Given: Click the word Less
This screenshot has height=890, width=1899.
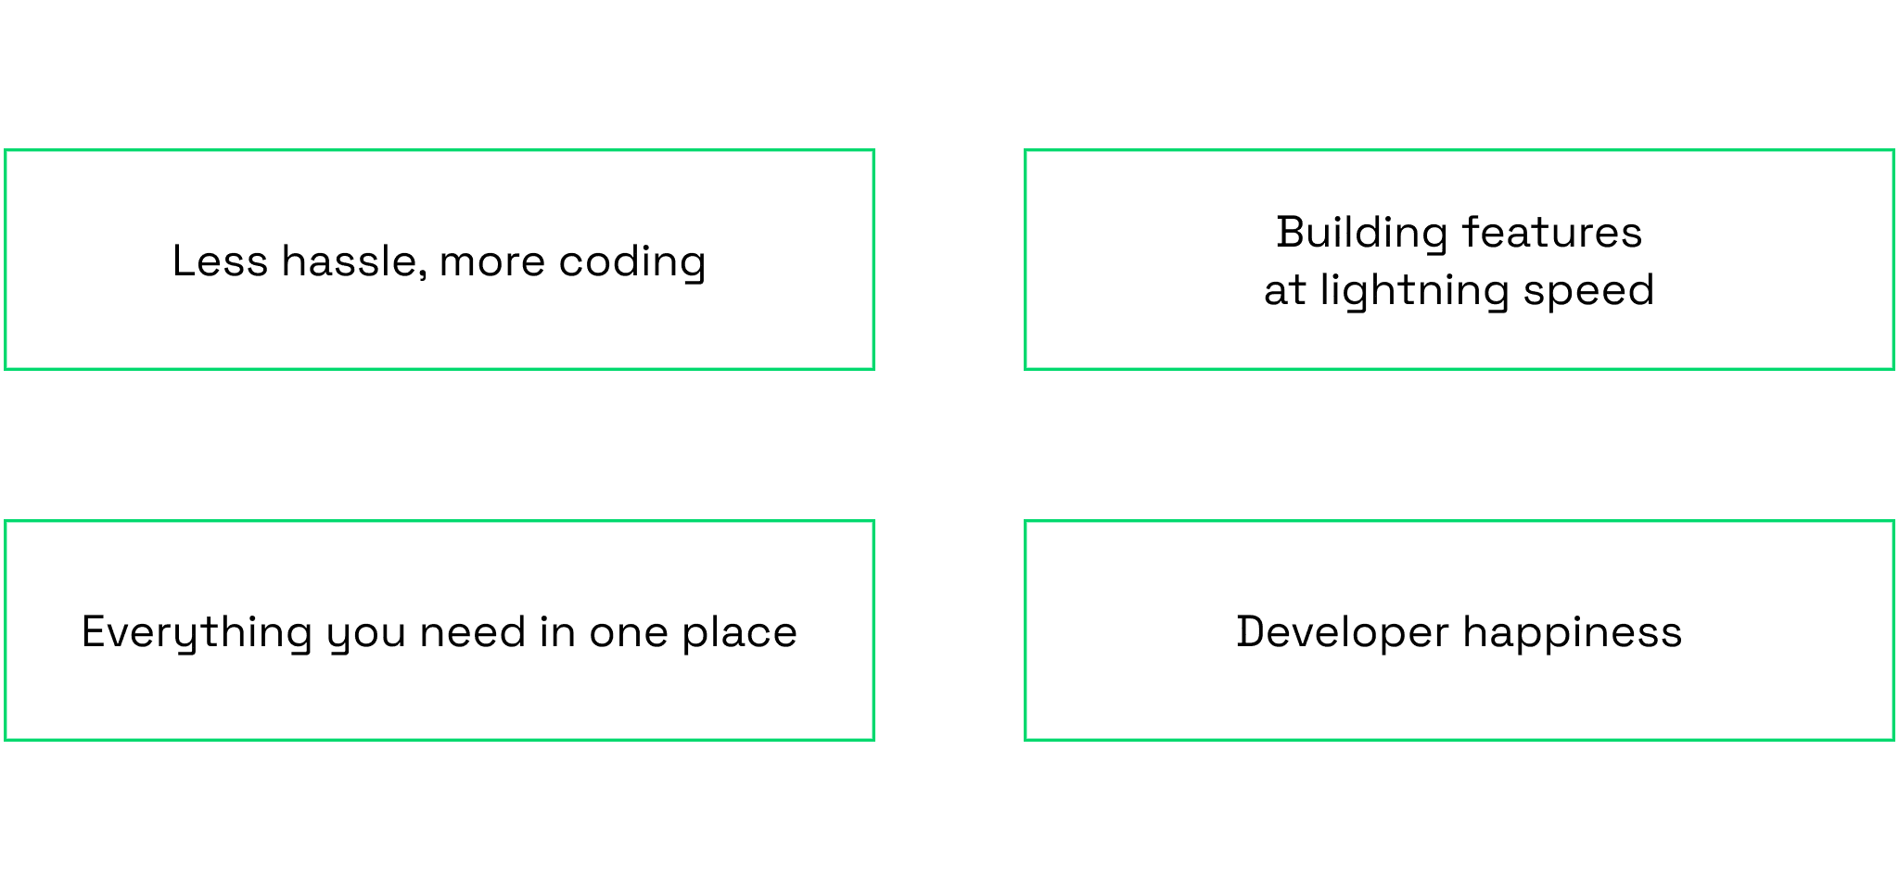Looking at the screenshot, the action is pos(220,261).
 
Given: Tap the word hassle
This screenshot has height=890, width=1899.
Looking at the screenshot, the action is pos(354,261).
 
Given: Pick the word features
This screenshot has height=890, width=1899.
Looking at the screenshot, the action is pos(1552,232).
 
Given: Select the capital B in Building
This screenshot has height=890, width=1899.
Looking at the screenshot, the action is pos(1292,232).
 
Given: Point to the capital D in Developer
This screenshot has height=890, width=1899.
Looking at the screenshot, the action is pos(1253,631).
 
